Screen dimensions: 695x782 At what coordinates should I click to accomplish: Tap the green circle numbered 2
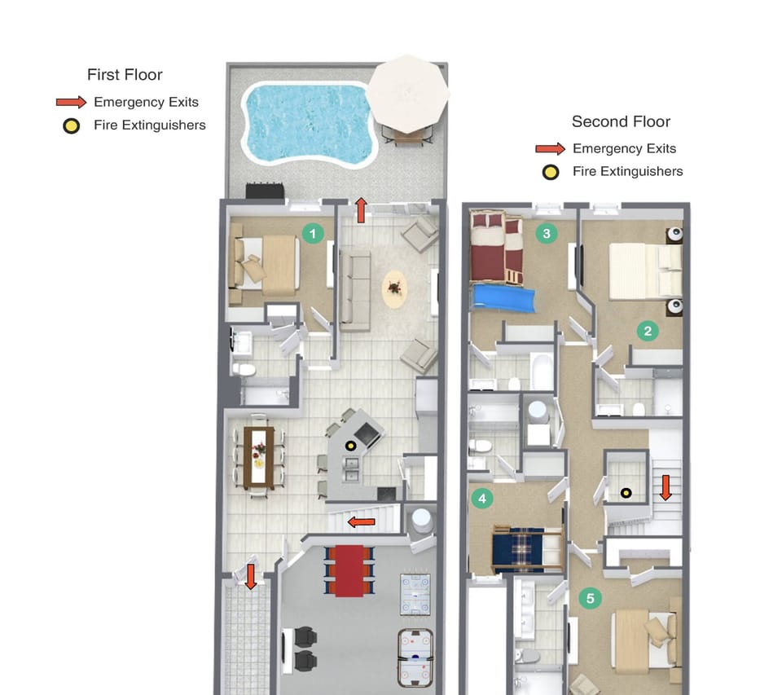pos(648,331)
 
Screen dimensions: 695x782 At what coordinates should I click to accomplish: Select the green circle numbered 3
pos(547,234)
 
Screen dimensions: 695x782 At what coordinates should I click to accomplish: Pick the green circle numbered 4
pos(482,498)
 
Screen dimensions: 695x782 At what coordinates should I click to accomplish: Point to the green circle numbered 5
pos(591,599)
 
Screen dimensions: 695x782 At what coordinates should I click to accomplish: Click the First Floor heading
pos(125,75)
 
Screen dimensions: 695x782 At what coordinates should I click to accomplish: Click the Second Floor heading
pos(621,122)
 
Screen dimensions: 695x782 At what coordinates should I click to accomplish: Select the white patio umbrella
pos(407,90)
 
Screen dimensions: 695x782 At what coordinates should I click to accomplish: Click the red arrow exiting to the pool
pos(361,209)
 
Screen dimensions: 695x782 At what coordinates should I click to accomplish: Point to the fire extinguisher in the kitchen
pos(351,445)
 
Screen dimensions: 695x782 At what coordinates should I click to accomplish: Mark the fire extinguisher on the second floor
pos(626,492)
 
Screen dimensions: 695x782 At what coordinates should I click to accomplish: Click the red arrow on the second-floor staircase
pos(666,486)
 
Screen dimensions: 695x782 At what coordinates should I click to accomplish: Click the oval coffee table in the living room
pos(394,288)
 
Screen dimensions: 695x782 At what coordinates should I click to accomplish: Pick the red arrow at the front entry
pos(250,576)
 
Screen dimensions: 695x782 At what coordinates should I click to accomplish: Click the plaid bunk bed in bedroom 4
pos(526,548)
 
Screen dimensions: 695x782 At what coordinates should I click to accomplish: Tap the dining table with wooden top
pos(259,457)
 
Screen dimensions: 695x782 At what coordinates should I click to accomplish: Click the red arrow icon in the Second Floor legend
pos(550,149)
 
